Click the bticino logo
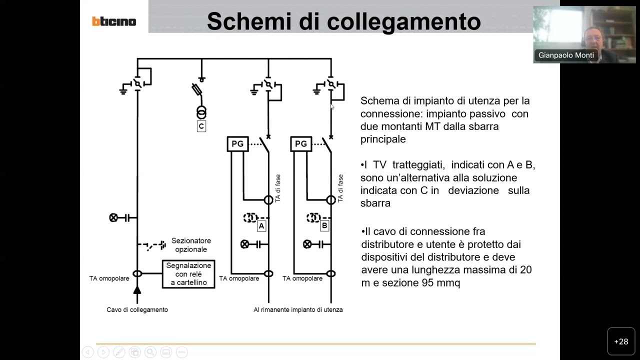point(114,21)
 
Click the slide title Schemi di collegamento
point(343,21)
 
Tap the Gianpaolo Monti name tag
point(566,55)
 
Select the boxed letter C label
point(201,126)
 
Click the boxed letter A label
point(261,226)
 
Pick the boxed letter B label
point(324,226)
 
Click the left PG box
point(237,144)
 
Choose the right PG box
point(301,144)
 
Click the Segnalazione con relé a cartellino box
point(188,274)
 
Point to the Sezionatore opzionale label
point(191,245)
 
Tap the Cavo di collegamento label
point(137,309)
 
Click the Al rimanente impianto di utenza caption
point(298,309)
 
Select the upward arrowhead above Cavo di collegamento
point(137,289)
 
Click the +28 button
point(621,341)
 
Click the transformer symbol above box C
point(201,112)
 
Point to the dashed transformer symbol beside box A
point(249,217)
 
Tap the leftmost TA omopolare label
point(109,278)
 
